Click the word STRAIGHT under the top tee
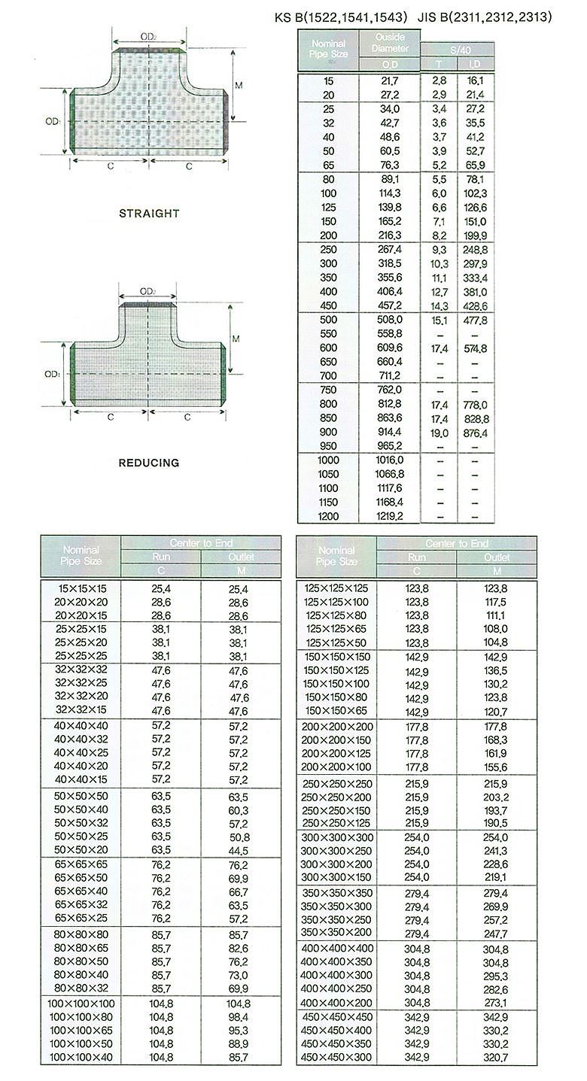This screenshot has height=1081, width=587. (149, 214)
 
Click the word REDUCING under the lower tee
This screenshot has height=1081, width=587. (149, 463)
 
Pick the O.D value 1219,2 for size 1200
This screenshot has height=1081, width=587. (389, 516)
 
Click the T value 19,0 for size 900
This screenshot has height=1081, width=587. (439, 433)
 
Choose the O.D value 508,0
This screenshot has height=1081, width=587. (389, 320)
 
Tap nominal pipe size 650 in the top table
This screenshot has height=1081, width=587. (329, 362)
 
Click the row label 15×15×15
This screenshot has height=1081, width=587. (81, 588)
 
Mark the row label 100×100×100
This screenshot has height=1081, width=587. (81, 1004)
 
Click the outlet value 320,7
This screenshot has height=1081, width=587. (495, 1058)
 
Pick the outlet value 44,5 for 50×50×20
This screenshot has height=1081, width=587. (238, 850)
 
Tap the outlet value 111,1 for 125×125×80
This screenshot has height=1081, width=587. (495, 615)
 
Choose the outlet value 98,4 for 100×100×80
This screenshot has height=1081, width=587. (238, 1017)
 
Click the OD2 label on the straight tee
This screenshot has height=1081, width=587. (148, 36)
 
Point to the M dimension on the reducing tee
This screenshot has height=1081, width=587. (236, 339)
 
